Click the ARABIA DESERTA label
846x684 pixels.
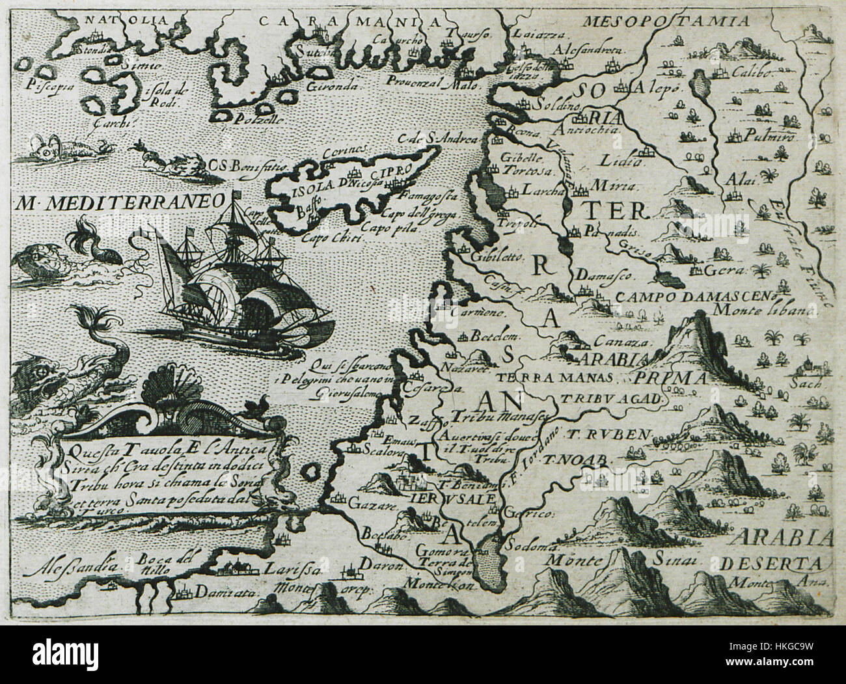782,550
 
